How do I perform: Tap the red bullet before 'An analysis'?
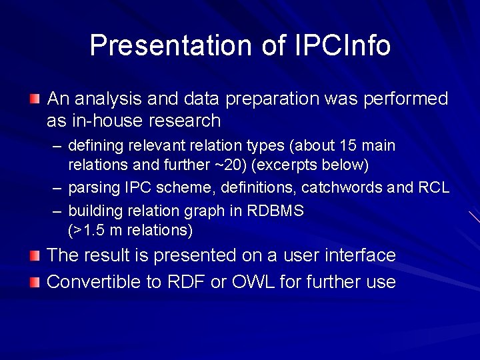pyautogui.click(x=35, y=99)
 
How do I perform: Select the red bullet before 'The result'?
pyautogui.click(x=35, y=255)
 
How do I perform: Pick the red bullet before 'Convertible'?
pyautogui.click(x=35, y=282)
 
